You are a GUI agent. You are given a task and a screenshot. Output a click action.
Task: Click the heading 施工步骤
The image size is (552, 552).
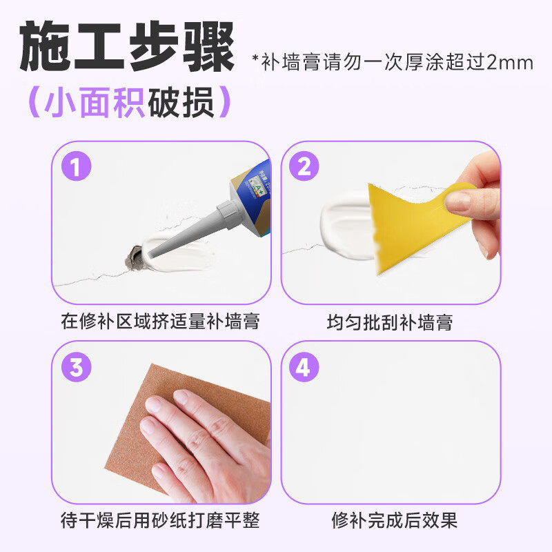tap(128, 47)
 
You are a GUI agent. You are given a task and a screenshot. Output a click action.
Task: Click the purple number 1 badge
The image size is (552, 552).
tap(76, 167)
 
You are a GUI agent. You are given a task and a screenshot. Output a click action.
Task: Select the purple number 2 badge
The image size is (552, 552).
tap(304, 167)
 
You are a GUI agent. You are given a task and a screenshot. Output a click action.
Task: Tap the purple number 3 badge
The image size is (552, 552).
tap(76, 367)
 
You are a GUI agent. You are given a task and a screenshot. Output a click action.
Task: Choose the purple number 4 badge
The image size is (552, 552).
tap(304, 367)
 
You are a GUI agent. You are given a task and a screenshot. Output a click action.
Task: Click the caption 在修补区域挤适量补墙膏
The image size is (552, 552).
tap(160, 322)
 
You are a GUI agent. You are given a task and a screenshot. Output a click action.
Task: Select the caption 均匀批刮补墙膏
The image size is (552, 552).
tap(390, 322)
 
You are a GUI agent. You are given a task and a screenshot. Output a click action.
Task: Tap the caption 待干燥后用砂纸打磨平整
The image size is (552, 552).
tap(160, 519)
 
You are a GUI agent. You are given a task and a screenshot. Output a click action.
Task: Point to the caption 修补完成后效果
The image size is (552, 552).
tap(390, 519)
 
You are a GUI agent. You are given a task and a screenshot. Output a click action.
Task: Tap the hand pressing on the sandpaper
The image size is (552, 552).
tap(207, 442)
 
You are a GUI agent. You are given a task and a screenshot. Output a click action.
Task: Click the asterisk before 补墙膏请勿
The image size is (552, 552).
tap(256, 59)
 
